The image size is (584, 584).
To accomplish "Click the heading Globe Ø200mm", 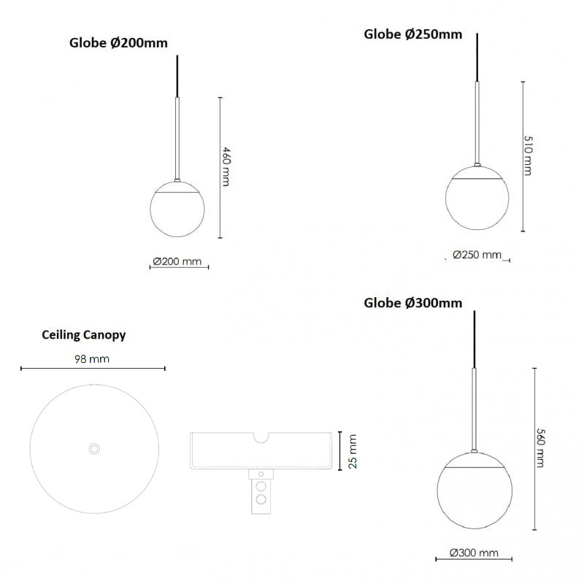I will tap(118, 43).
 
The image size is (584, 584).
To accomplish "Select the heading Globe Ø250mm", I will tap(412, 34).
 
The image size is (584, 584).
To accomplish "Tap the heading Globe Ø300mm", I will tap(412, 303).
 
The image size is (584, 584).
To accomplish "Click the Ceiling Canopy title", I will tap(84, 335).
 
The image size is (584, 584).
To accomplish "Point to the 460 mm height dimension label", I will tap(226, 166).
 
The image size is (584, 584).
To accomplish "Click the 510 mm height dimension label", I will tap(529, 155).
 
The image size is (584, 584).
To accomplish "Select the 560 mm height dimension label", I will tap(541, 447).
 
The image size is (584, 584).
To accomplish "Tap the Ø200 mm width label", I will tap(177, 261).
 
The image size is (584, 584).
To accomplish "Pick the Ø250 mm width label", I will tap(477, 255).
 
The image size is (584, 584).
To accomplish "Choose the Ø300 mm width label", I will tap(474, 553).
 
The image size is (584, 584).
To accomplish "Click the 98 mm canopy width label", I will tap(93, 359).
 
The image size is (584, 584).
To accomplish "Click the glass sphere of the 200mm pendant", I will tap(177, 210).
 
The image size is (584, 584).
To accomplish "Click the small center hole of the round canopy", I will tap(93, 448).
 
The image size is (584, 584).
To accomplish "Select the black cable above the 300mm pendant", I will tap(474, 339).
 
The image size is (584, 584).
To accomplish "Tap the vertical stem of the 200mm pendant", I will tap(177, 139).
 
